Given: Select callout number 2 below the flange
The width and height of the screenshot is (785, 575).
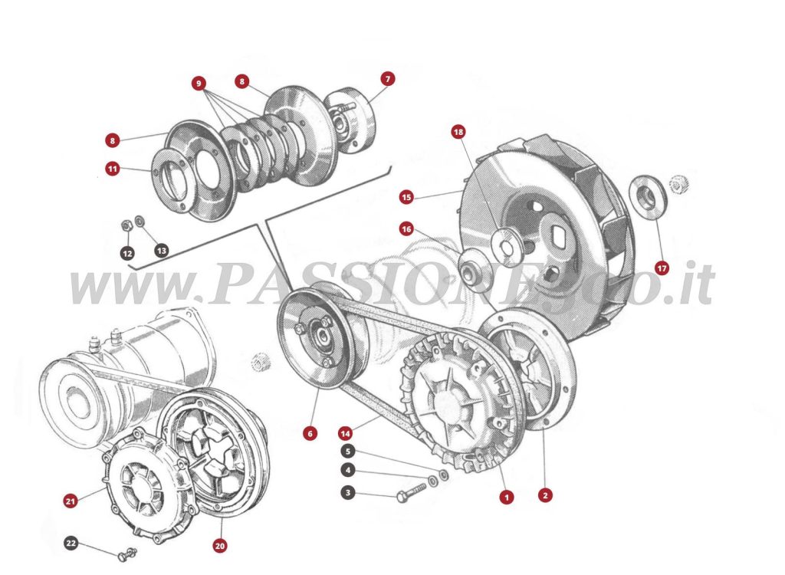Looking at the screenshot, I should point(544,495).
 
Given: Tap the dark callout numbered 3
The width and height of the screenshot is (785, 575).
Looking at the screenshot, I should point(348,493).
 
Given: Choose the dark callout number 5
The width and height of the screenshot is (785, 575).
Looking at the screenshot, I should point(348,452).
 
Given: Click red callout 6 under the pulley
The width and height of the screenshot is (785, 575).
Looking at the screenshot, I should point(310,434).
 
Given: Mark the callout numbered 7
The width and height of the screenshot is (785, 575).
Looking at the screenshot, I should point(388,79).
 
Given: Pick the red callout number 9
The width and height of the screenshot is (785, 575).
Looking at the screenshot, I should point(199,83).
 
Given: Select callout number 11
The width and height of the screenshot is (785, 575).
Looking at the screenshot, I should point(113,168).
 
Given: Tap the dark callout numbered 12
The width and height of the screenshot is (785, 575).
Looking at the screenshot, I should point(127,252).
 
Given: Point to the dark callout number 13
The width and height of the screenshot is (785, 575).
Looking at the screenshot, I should point(161,250).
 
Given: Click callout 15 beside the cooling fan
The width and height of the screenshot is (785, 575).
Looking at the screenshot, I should point(406,197).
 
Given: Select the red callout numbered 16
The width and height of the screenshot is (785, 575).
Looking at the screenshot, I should point(406,228).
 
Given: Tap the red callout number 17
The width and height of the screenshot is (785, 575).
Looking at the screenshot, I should point(662,268).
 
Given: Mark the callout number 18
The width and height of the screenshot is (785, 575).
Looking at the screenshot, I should point(458,133).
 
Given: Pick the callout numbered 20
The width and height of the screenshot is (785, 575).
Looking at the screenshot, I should point(220,546).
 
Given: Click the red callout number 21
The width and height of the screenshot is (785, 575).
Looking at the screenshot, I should point(71,501).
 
